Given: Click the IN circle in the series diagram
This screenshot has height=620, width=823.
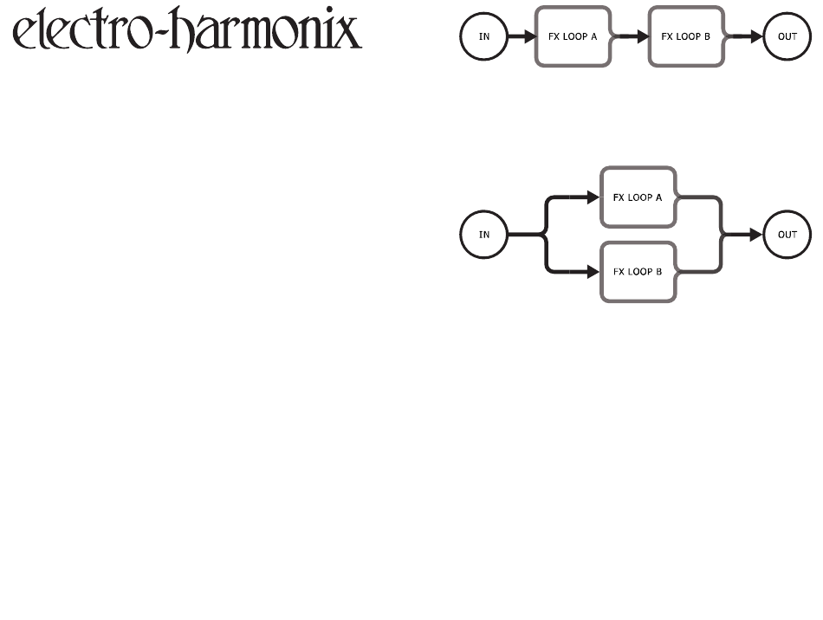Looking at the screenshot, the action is pyautogui.click(x=484, y=37).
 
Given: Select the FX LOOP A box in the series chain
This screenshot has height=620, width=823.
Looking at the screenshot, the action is pyautogui.click(x=574, y=37).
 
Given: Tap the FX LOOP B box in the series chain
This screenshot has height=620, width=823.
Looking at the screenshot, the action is pyautogui.click(x=685, y=37).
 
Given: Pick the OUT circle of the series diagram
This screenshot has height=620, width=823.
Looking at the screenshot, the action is pyautogui.click(x=787, y=37).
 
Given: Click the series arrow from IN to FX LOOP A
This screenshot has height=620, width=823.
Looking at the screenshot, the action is pyautogui.click(x=521, y=37).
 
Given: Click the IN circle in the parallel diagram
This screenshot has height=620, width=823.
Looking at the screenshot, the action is pyautogui.click(x=484, y=234).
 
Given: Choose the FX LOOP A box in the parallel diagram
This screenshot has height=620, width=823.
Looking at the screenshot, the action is pyautogui.click(x=638, y=197).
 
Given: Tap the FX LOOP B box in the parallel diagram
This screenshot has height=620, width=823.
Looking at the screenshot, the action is pyautogui.click(x=638, y=271).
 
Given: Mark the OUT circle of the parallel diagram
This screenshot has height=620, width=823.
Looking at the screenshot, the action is pyautogui.click(x=787, y=234).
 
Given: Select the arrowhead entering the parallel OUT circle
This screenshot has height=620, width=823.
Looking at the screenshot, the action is pyautogui.click(x=755, y=234).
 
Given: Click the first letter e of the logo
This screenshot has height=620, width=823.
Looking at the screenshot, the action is pyautogui.click(x=26, y=36).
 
